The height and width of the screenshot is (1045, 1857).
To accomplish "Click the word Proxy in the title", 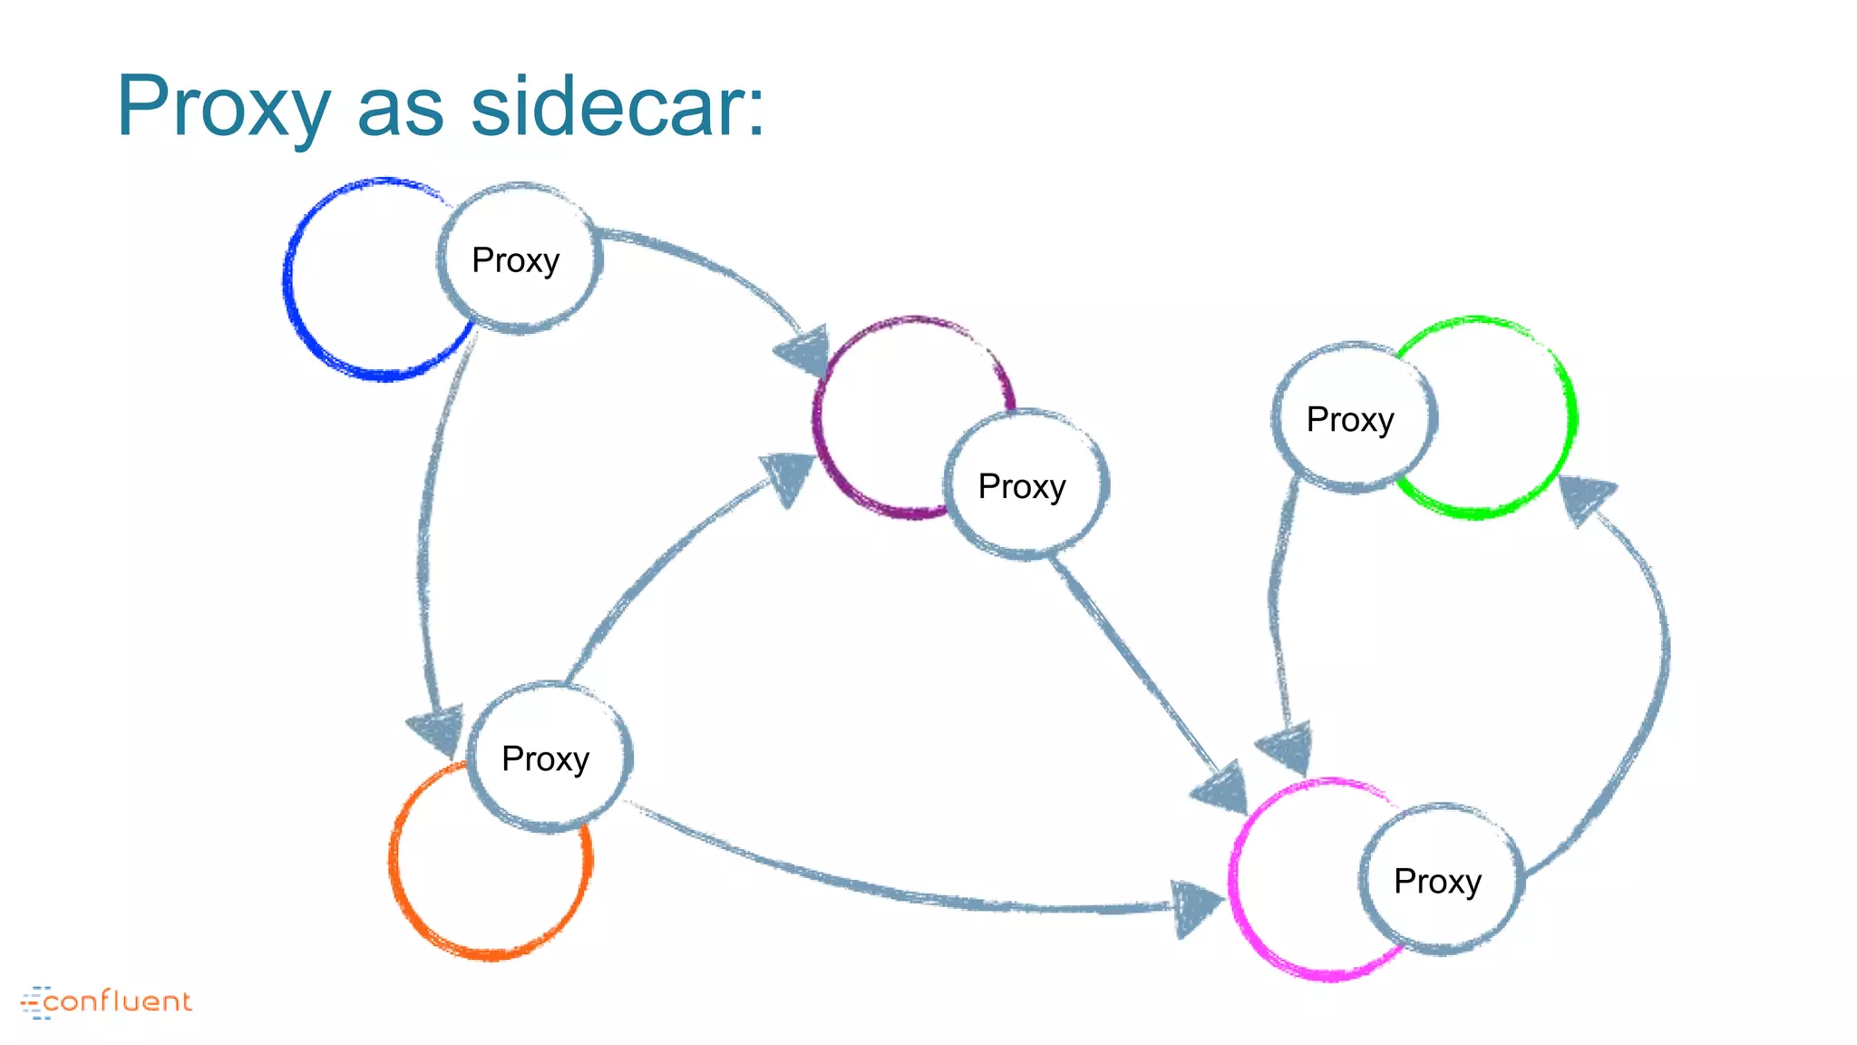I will point(223,107).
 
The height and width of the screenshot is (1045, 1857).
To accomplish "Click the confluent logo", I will point(107,1001).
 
